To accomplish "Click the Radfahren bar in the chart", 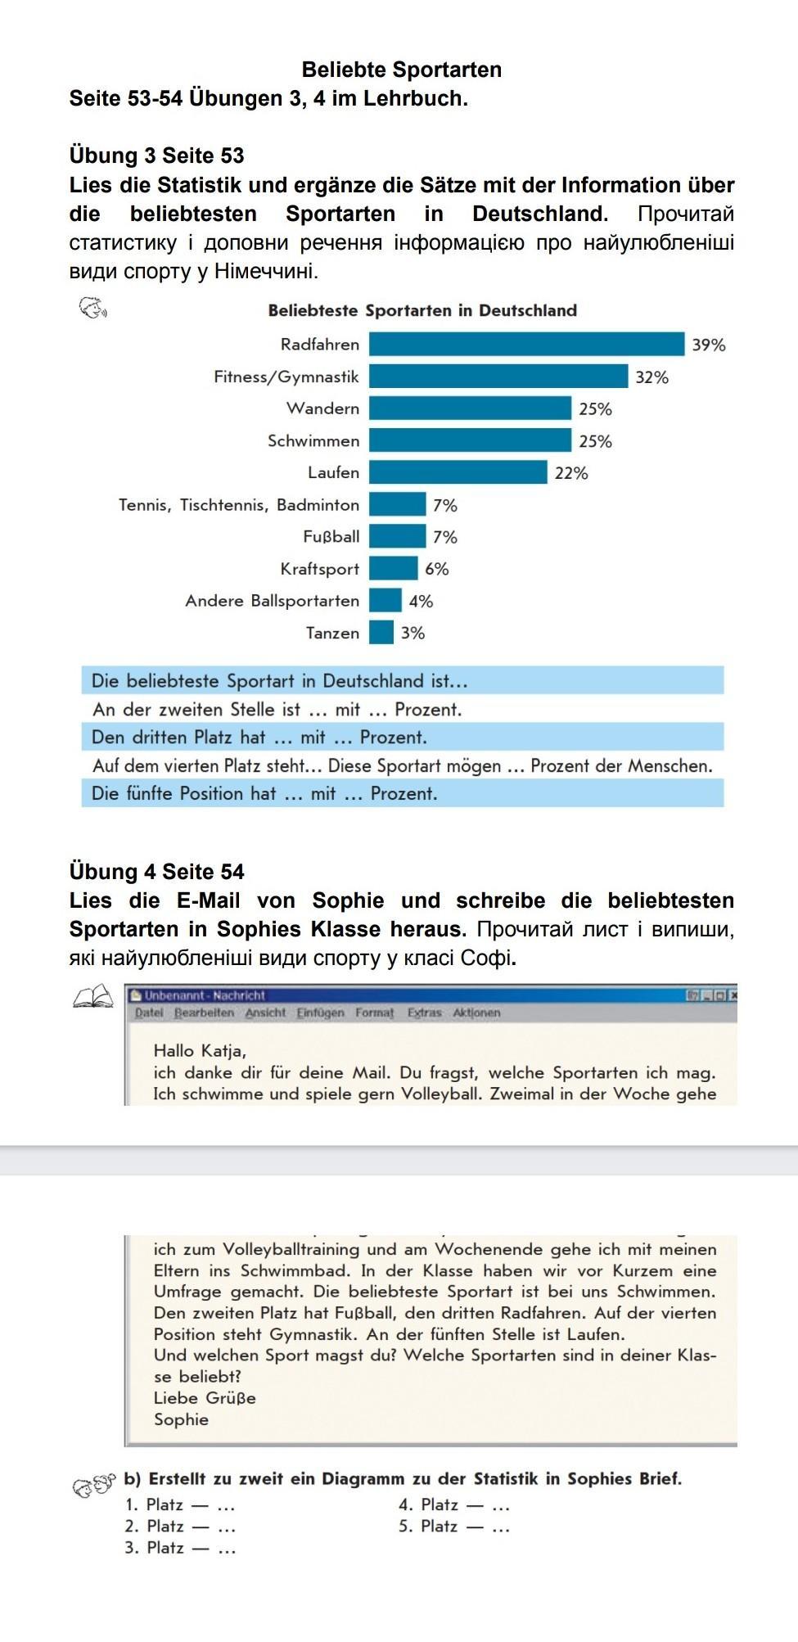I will click(x=526, y=344).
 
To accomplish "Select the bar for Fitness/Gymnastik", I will click(x=498, y=377).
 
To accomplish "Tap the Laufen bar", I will click(x=458, y=472).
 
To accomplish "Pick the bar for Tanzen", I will click(x=381, y=633).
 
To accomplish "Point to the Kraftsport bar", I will click(x=393, y=568).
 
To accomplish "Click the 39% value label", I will click(x=709, y=345).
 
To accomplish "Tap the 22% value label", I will click(x=571, y=473).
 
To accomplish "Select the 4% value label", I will click(x=421, y=601).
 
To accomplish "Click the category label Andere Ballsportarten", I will click(x=272, y=601).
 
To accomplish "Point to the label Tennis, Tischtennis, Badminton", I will click(x=239, y=505).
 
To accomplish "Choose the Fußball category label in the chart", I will click(x=331, y=537).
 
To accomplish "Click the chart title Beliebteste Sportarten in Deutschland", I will click(x=422, y=310).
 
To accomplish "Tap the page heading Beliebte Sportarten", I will click(x=401, y=70).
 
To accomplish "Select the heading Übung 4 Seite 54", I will click(x=157, y=871).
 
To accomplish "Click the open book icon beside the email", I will click(x=92, y=996).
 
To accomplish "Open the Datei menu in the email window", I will click(x=149, y=1013).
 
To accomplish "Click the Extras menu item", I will click(x=424, y=1013).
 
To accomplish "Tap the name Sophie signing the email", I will click(x=181, y=1419).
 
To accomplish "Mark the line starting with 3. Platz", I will click(x=180, y=1547).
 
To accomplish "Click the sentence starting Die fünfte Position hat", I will click(x=264, y=793).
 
